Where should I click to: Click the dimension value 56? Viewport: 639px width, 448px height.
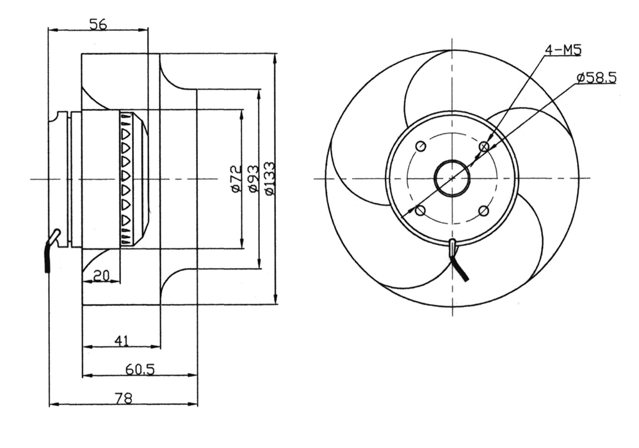point(97,24)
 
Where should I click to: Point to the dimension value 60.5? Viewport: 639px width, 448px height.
point(140,369)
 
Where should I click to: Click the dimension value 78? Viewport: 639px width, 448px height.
point(123,398)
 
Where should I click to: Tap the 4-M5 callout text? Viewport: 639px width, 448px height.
point(563,50)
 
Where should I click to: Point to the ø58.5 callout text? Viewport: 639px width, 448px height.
point(595,77)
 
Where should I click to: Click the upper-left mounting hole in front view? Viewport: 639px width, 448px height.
point(420,147)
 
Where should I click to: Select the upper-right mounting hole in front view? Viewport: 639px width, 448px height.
point(484,147)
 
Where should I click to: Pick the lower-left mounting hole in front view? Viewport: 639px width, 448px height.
point(420,211)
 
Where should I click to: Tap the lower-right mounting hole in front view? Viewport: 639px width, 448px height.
point(484,211)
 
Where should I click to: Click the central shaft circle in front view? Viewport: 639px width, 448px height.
point(452,178)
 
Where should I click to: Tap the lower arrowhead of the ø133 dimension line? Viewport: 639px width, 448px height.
point(275,300)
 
